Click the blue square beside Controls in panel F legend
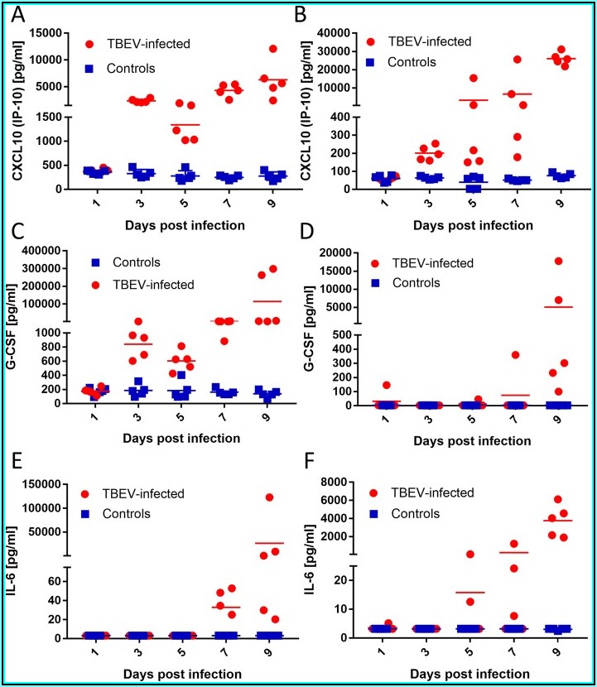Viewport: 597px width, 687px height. [383, 513]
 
